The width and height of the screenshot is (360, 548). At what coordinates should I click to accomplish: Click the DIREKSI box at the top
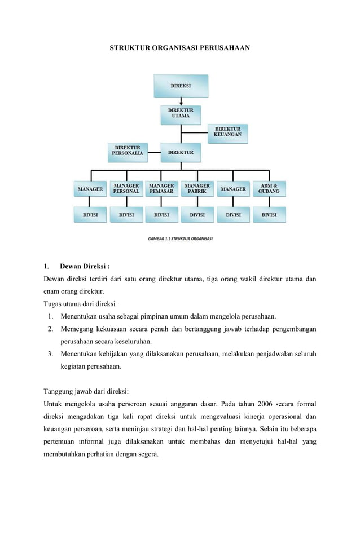(x=181, y=86)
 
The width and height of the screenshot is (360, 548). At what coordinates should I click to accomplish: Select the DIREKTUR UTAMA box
(x=181, y=113)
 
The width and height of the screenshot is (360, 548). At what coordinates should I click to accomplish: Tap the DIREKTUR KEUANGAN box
(x=228, y=132)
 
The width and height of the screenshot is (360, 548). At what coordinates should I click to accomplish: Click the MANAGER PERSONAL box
(x=126, y=189)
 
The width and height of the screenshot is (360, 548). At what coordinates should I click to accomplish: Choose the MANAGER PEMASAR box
(x=161, y=189)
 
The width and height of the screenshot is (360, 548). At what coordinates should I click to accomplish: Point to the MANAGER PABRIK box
(x=197, y=189)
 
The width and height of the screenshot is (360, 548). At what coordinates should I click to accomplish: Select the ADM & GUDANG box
(x=269, y=189)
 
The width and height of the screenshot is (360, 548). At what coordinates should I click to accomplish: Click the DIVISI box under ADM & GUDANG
(x=269, y=215)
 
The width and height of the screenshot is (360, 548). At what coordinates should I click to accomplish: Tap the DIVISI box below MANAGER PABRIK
(x=197, y=215)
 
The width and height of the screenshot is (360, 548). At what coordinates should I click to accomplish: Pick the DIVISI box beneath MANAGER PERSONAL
(x=126, y=215)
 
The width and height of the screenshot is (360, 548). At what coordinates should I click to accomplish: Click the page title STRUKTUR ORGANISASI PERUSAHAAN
(x=179, y=48)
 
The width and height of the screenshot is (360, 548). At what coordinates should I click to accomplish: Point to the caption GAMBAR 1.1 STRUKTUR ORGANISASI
(x=180, y=238)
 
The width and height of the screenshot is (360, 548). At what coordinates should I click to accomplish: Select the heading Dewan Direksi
(x=85, y=267)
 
